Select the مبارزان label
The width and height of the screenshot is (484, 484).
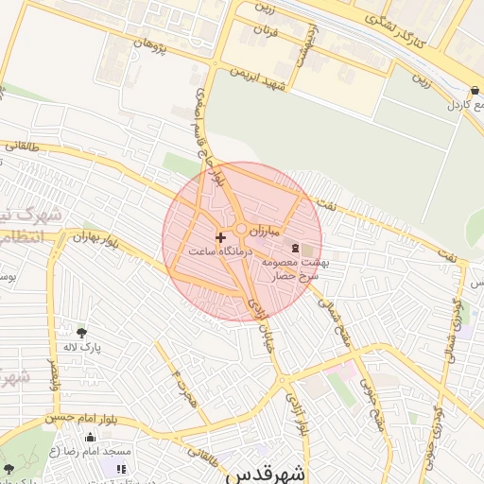[x=281, y=231]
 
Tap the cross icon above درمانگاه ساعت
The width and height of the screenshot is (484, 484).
[x=221, y=236]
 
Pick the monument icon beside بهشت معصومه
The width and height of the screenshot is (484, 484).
[x=297, y=248]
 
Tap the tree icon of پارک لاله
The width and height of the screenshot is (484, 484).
[x=81, y=332]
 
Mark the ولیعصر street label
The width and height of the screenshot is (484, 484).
[x=53, y=371]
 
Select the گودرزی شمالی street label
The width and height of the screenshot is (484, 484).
[x=453, y=312]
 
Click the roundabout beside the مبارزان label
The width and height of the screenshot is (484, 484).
[x=242, y=229]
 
